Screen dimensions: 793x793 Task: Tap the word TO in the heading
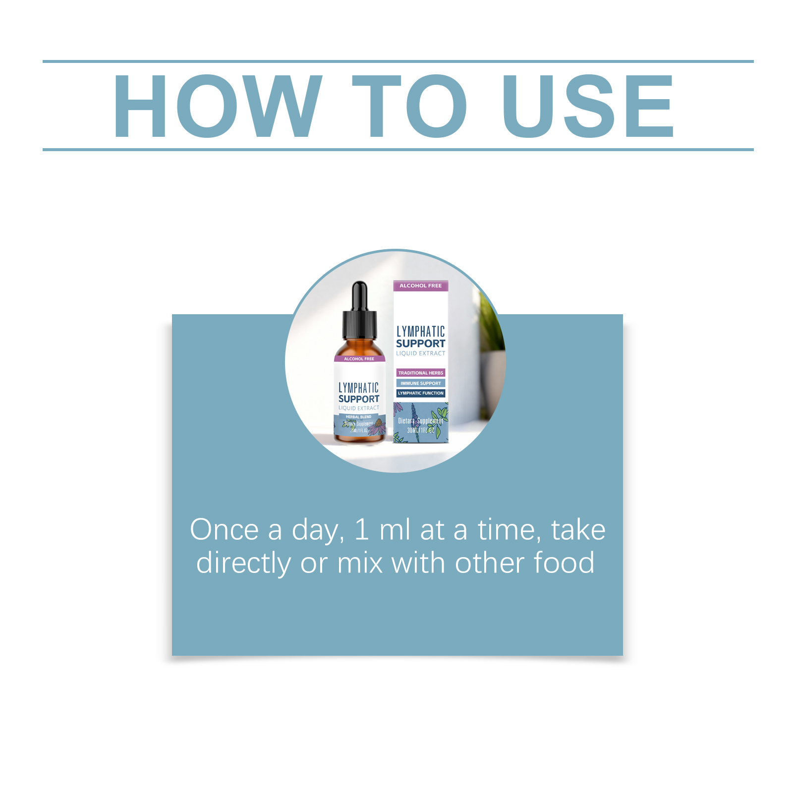coord(409,106)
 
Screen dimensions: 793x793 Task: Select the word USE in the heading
coord(588,106)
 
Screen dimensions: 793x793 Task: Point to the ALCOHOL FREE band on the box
coord(420,285)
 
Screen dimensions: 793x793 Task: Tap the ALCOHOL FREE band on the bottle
coord(359,358)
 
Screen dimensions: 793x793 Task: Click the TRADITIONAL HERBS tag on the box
coord(420,373)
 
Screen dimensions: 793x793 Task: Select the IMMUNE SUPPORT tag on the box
coord(420,383)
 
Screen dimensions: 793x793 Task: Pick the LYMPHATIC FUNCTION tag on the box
coord(420,393)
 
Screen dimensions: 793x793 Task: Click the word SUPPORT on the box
coord(420,343)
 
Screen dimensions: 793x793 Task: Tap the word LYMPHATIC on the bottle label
coord(358,388)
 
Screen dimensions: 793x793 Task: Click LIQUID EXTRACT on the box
coord(420,353)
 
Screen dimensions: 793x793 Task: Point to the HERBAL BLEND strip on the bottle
coord(358,417)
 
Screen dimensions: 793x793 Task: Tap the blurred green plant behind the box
coord(491,342)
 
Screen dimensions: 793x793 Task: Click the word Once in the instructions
coord(224,530)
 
